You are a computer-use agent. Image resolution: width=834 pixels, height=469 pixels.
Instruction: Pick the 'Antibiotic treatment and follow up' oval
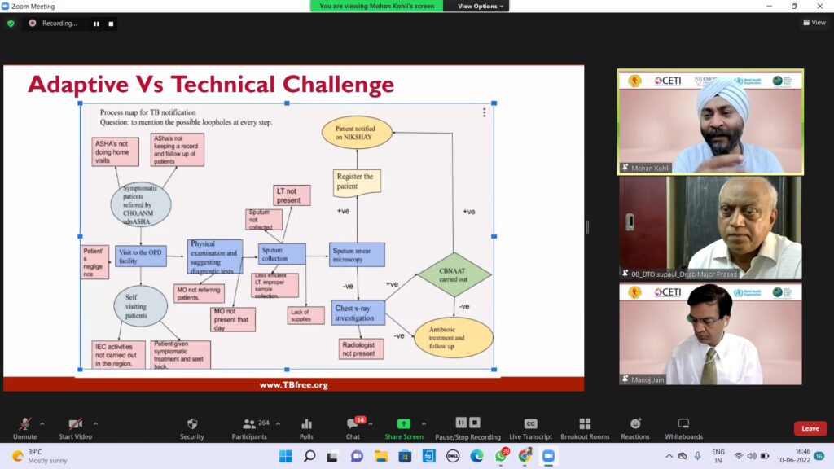pos(454,337)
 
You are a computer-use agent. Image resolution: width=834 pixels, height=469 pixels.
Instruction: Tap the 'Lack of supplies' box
pos(305,314)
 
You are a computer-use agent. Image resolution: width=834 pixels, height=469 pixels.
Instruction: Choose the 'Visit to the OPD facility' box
pos(141,257)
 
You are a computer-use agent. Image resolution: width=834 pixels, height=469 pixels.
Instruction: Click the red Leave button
pos(810,428)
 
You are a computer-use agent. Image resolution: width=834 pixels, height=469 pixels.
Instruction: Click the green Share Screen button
pos(403,427)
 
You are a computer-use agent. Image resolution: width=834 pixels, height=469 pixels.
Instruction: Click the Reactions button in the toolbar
pos(636,427)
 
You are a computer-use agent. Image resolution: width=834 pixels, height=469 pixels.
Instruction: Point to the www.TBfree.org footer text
pos(293,384)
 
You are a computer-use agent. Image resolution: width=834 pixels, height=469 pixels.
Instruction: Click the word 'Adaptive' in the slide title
pos(78,85)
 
